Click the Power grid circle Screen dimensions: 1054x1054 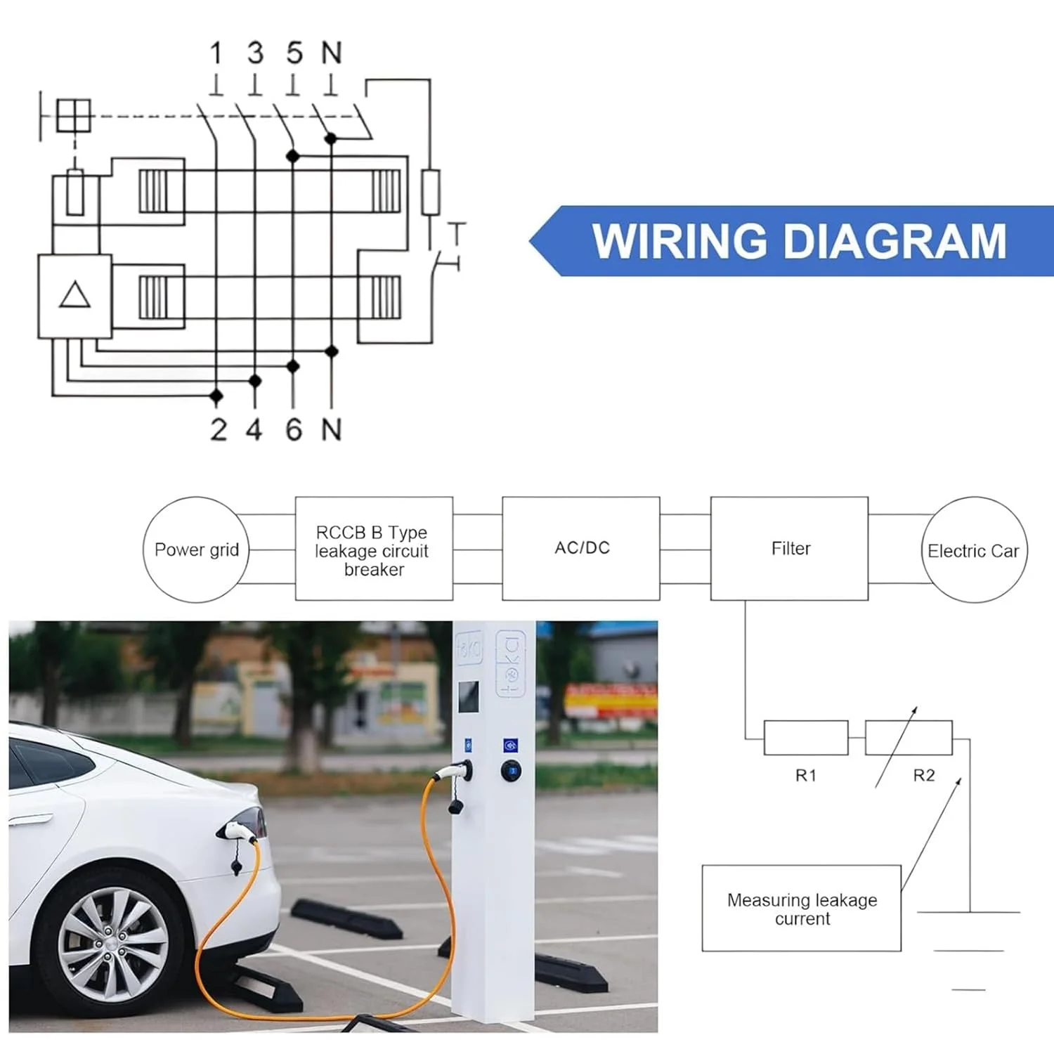196,549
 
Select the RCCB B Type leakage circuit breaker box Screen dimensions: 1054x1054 373,549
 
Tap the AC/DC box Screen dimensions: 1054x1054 581,548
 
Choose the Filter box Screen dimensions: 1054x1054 789,548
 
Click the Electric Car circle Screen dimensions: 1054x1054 974,550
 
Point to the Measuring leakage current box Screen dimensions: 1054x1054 801,909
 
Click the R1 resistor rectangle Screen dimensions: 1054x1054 805,738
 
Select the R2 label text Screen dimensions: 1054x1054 923,775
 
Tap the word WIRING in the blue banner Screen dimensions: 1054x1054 679,241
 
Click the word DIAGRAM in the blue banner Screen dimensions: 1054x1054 894,241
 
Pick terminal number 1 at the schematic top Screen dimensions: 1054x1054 216,53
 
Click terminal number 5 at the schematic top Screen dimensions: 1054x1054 294,53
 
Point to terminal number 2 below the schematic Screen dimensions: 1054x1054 219,429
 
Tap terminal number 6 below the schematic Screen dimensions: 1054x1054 294,429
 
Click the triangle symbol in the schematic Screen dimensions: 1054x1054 74,295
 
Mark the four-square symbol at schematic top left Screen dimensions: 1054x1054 74,115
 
